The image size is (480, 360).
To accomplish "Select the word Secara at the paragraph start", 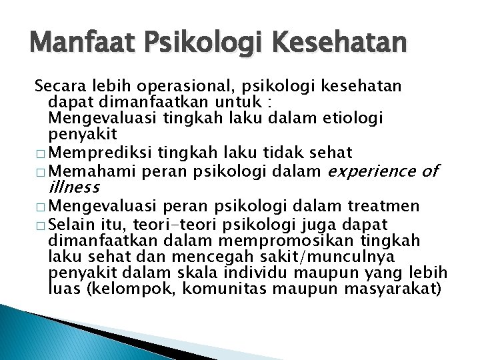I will [x=56, y=87].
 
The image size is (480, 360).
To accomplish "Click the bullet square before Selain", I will [x=41, y=222].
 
